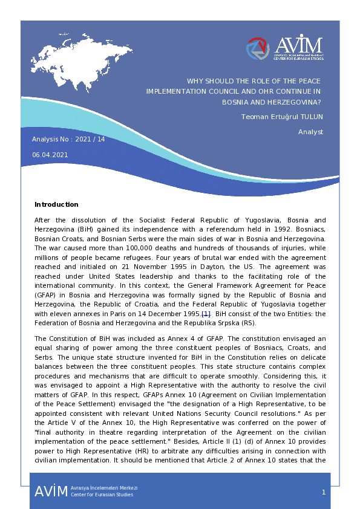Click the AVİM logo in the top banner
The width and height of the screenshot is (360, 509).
click(284, 48)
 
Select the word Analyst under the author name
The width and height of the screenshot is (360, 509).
click(310, 132)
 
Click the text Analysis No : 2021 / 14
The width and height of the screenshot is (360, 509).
click(68, 139)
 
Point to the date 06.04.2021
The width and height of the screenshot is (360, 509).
click(50, 154)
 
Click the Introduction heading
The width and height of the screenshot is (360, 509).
click(56, 204)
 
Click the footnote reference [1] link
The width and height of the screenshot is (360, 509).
click(206, 314)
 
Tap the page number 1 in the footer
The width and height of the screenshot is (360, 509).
click(323, 492)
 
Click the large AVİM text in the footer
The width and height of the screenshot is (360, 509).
click(51, 491)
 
